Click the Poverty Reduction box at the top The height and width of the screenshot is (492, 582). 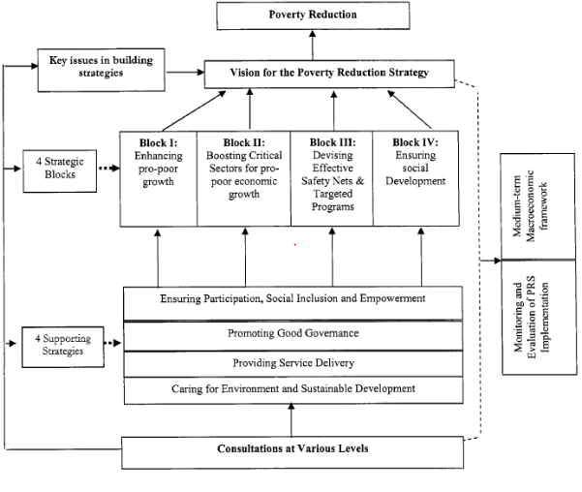pos(313,15)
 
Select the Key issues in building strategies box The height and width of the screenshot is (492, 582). pos(101,70)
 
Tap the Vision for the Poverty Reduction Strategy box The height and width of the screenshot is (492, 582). pos(329,74)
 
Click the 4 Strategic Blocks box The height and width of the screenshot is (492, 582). pos(60,171)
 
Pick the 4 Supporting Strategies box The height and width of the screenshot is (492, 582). pos(63,347)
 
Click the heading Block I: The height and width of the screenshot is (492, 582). pos(159,143)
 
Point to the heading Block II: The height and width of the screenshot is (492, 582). pos(244,142)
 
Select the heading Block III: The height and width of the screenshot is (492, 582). pos(332,142)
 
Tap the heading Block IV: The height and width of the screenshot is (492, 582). pos(415,142)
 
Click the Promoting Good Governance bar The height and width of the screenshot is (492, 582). pos(293,336)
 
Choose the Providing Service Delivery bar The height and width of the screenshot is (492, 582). pos(293,364)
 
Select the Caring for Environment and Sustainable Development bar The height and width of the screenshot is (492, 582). pos(293,390)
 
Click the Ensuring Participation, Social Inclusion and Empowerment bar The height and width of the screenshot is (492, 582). pos(292,303)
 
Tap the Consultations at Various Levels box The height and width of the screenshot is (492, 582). pos(292,452)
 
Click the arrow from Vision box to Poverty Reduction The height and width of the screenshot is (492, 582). pos(313,45)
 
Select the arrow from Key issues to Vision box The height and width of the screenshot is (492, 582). pos(185,72)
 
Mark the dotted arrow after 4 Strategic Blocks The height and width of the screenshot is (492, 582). pos(109,169)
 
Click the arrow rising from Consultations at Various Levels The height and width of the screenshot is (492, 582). pos(291,420)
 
